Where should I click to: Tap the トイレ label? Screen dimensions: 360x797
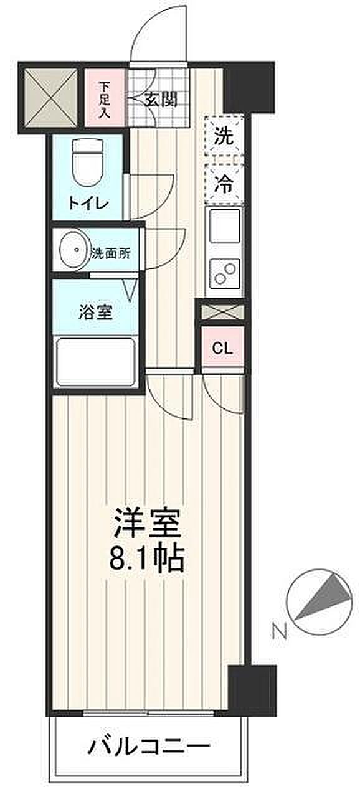pos(88,204)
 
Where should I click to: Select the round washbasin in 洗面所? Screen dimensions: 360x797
pos(73,250)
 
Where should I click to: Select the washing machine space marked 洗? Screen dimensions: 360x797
pos(224,136)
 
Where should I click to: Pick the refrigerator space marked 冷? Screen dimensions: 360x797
pos(224,184)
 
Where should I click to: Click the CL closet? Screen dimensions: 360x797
pos(223,348)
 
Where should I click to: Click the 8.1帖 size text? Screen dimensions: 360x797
pos(146,561)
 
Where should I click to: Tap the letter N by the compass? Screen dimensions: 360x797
pos(280,630)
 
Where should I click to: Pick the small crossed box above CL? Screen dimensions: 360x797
pos(223,312)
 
